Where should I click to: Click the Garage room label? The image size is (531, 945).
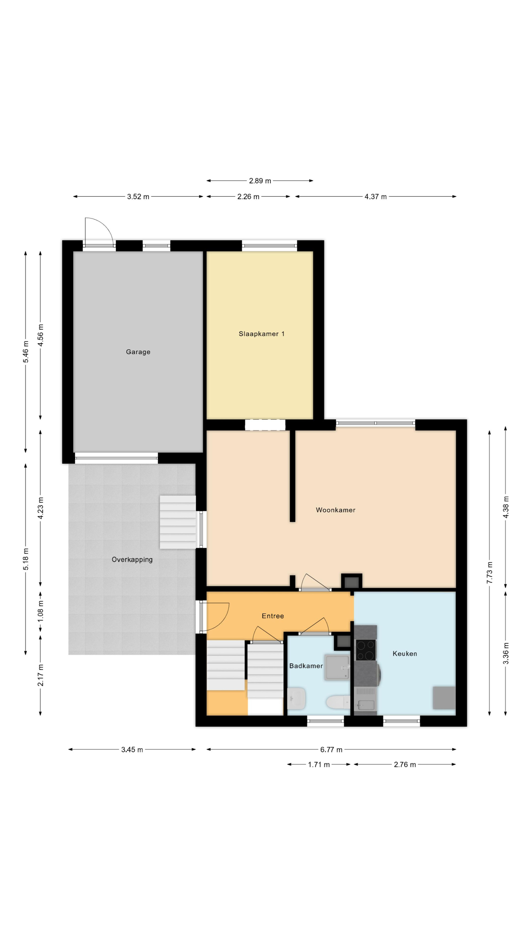click(138, 352)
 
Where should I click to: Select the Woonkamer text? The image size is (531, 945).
click(335, 510)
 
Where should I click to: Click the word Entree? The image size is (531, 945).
click(273, 616)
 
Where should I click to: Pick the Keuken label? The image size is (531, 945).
click(405, 653)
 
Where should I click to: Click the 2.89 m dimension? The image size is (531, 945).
click(260, 180)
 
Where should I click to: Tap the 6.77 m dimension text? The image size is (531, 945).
click(331, 749)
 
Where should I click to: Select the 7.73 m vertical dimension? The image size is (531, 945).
click(490, 573)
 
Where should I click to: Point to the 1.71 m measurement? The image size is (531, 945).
click(319, 765)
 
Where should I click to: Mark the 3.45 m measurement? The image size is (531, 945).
click(132, 749)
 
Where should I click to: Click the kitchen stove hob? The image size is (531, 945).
click(366, 650)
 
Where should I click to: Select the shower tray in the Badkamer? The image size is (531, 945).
click(337, 668)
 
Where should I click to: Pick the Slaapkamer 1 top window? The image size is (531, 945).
click(269, 246)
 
